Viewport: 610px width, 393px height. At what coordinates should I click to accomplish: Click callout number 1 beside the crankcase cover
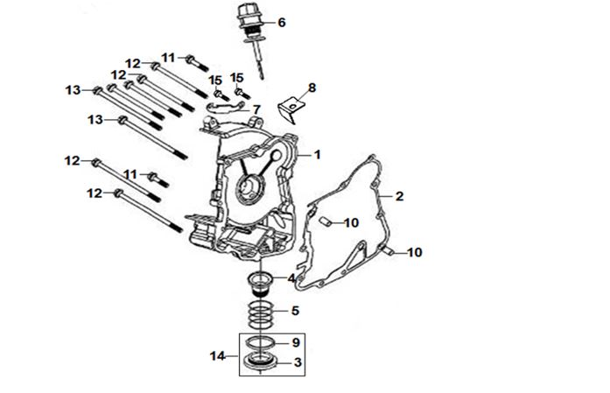(317, 155)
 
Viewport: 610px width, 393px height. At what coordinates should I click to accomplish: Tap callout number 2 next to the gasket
(398, 195)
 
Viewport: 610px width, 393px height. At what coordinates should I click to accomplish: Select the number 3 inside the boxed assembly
(298, 361)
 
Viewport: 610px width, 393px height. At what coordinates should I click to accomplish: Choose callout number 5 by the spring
(296, 311)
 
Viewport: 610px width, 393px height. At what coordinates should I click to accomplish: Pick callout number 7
(256, 109)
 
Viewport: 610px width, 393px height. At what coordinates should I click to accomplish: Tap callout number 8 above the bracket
(312, 88)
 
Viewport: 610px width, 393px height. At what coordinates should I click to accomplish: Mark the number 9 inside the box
(297, 342)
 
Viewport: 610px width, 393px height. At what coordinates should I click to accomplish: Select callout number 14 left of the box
(217, 355)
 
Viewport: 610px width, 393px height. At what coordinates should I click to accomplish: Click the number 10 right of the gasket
(414, 252)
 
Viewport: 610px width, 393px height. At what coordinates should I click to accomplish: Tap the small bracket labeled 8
(289, 110)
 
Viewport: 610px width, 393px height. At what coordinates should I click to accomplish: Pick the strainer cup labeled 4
(260, 283)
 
